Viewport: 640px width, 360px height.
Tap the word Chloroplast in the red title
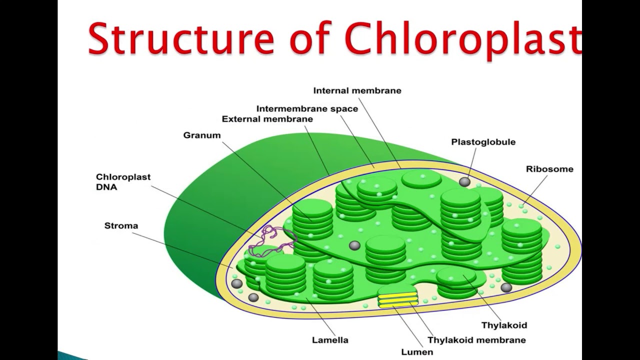(462, 38)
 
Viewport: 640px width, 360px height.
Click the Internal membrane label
(357, 90)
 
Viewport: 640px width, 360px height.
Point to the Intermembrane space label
(307, 108)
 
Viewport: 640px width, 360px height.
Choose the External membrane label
(267, 119)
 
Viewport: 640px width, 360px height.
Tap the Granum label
(201, 135)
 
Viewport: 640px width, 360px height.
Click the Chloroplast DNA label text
(123, 182)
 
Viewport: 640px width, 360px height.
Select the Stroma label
(121, 225)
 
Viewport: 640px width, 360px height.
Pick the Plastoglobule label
(483, 142)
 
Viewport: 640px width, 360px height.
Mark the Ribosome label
(549, 169)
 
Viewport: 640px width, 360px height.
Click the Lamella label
(330, 340)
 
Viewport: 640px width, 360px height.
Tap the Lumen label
(416, 351)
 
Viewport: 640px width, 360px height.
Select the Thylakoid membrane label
(476, 340)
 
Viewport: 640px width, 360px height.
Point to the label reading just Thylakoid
(504, 325)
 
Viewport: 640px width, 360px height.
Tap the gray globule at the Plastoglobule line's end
(464, 182)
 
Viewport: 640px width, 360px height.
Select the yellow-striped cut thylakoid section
(398, 299)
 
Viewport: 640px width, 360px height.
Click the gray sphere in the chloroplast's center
(354, 245)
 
